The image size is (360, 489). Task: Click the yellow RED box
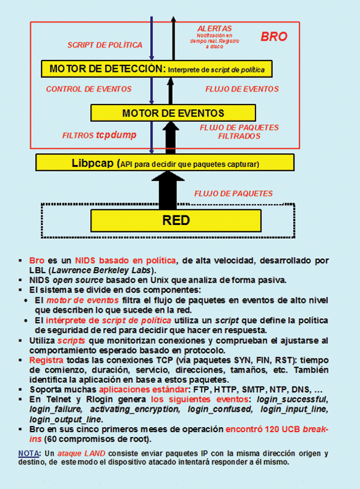coord(176,220)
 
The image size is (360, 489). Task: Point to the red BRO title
coord(274,37)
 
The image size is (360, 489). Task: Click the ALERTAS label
coord(214,28)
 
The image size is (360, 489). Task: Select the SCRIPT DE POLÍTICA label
coord(105,45)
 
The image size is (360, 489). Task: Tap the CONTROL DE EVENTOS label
coord(88,89)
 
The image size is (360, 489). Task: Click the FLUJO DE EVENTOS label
coord(242,89)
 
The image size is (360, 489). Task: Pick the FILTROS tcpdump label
coord(100,136)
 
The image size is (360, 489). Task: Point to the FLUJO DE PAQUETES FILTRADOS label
coord(238,132)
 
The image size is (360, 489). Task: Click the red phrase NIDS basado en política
coord(125,260)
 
